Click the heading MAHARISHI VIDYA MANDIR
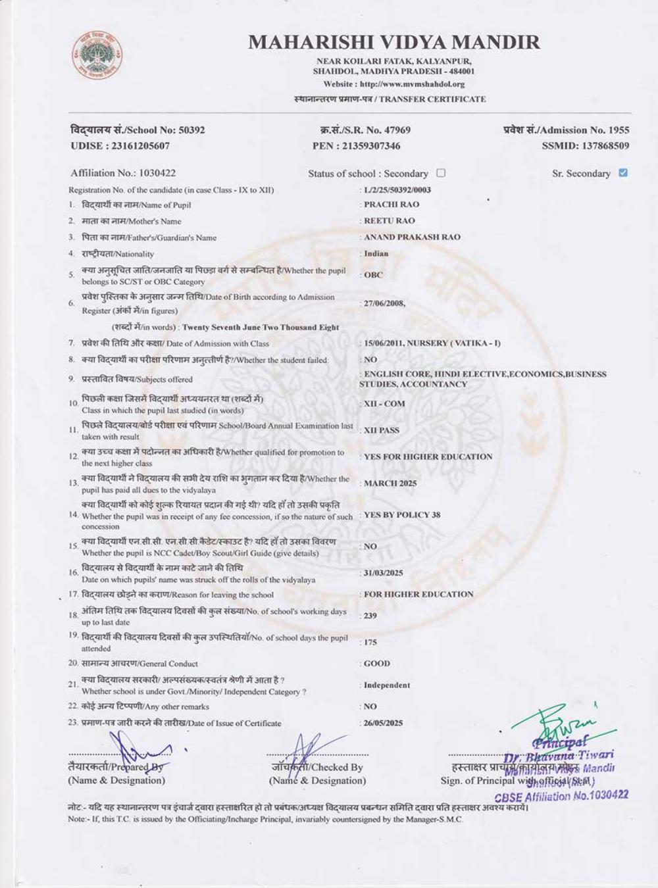393,42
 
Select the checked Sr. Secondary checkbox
623,173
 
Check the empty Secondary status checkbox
441,173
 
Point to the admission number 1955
619,130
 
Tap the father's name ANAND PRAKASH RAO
412,237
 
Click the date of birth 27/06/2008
384,303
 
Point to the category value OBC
373,275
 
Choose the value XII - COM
384,404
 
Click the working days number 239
370,616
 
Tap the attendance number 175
370,642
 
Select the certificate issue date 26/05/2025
383,723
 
